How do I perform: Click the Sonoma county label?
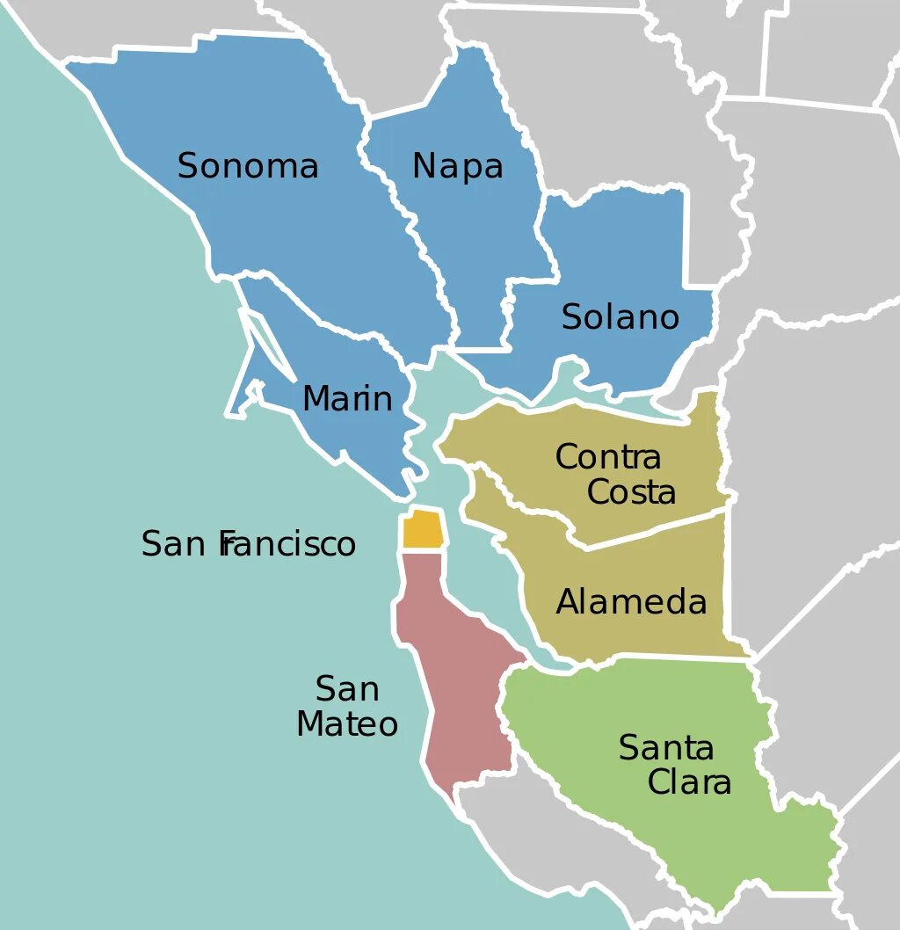click(x=248, y=166)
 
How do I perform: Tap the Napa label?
click(x=457, y=166)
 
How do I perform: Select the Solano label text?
click(x=621, y=317)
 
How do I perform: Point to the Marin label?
click(x=347, y=399)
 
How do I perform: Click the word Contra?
click(x=608, y=457)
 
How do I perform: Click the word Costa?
click(x=631, y=492)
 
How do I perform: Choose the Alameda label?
click(x=631, y=602)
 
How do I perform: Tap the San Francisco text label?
click(x=249, y=544)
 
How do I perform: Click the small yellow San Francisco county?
click(x=422, y=529)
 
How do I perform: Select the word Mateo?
click(x=347, y=724)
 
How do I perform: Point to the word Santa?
click(x=666, y=748)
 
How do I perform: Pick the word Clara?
click(x=689, y=782)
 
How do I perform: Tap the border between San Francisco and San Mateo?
click(x=423, y=550)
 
